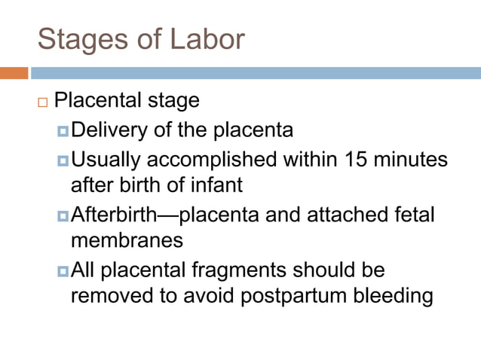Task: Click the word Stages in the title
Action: pos(74,39)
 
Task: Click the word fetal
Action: pos(411,215)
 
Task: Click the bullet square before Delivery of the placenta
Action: pos(63,132)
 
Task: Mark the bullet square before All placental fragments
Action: pos(63,270)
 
